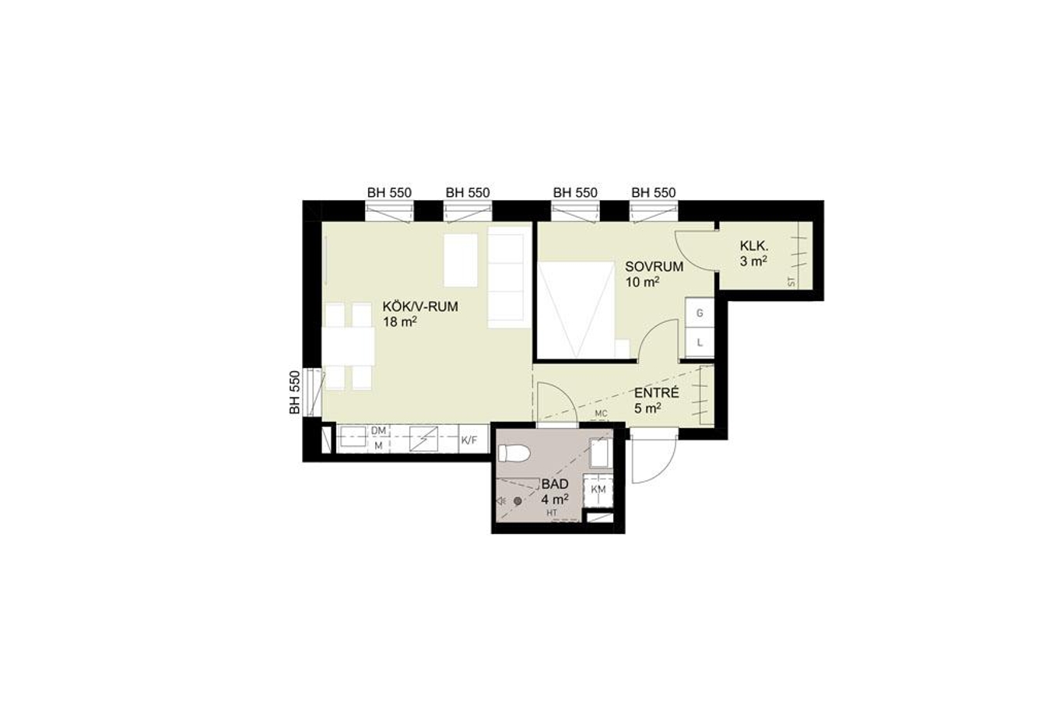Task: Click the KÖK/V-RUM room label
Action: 420,307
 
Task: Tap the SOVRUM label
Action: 654,266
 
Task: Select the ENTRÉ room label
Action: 657,393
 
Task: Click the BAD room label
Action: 555,484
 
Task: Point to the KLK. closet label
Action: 753,246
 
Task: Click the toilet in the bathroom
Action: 514,453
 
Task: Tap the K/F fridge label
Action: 469,440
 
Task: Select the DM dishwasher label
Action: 378,430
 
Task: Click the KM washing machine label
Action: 598,490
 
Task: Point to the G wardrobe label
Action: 700,313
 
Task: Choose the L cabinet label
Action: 700,342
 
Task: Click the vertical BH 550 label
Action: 295,392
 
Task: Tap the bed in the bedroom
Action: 577,310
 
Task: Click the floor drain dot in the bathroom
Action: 517,500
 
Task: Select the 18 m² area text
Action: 399,322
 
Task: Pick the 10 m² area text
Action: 643,282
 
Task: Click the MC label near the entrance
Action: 601,414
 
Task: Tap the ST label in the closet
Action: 791,282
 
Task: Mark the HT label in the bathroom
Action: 552,513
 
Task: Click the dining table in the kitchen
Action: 349,346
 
